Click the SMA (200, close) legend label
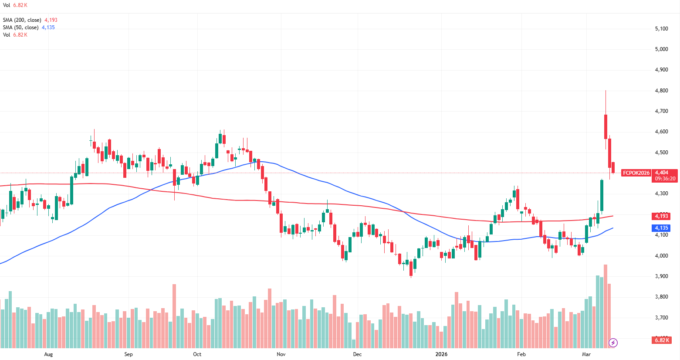click(22, 20)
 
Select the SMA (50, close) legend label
click(20, 27)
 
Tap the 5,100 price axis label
click(661, 29)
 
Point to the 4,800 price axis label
click(661, 91)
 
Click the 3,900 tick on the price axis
click(661, 276)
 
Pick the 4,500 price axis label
click(661, 153)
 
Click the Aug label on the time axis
click(48, 354)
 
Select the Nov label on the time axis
click(281, 354)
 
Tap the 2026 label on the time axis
click(441, 354)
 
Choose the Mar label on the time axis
click(586, 354)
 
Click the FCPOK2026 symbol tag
click(636, 173)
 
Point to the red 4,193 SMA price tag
click(661, 216)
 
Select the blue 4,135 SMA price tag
click(661, 228)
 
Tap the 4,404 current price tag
click(661, 173)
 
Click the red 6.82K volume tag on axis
click(661, 340)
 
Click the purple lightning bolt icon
click(613, 343)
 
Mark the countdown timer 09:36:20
click(665, 179)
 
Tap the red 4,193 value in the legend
click(51, 20)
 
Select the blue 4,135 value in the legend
click(48, 27)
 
